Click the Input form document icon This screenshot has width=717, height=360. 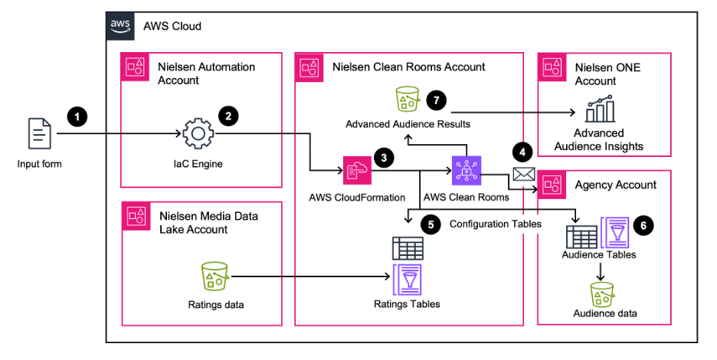[x=40, y=134]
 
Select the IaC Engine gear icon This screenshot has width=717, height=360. [x=198, y=135]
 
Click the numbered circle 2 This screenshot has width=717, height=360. [x=228, y=116]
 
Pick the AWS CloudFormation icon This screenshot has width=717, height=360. [x=357, y=171]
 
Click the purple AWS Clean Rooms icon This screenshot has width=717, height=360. [x=466, y=171]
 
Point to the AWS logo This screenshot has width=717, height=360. [x=120, y=25]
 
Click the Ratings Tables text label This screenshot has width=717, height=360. [x=407, y=304]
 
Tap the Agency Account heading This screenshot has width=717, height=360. [x=615, y=185]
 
